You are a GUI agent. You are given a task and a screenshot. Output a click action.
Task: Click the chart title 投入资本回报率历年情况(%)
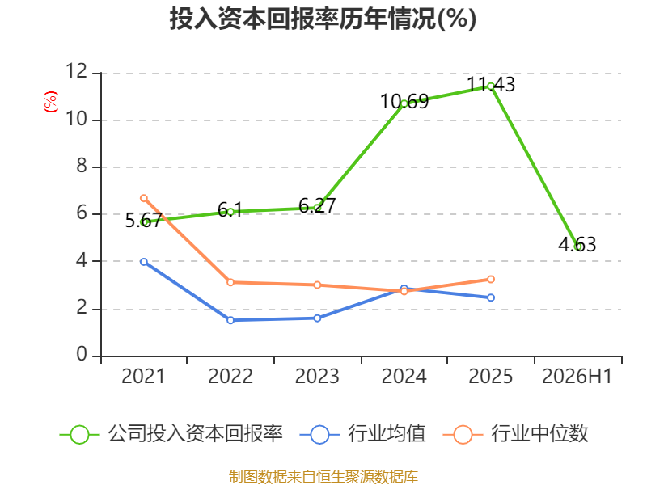pyautogui.click(x=323, y=19)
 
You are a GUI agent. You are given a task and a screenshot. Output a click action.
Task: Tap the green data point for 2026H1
pyautogui.click(x=578, y=247)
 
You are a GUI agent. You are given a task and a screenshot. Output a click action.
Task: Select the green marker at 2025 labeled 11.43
pyautogui.click(x=491, y=86)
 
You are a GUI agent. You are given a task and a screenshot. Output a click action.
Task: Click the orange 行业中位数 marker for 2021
pyautogui.click(x=144, y=198)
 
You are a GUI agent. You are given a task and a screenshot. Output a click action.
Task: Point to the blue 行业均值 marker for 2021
pyautogui.click(x=144, y=262)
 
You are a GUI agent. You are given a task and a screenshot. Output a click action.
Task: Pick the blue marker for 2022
pyautogui.click(x=230, y=320)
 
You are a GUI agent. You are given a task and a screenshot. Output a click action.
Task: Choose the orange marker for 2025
pyautogui.click(x=491, y=280)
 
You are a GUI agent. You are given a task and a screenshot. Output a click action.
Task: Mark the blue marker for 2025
pyautogui.click(x=491, y=297)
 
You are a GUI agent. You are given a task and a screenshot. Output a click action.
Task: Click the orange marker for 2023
pyautogui.click(x=317, y=285)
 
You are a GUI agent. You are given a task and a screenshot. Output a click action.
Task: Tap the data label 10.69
pyautogui.click(x=404, y=102)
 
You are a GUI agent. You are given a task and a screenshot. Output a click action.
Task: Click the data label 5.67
pyautogui.click(x=144, y=220)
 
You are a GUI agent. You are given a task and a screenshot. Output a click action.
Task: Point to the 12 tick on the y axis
pyautogui.click(x=77, y=71)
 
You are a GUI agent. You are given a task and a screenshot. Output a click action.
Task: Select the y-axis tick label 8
pyautogui.click(x=82, y=166)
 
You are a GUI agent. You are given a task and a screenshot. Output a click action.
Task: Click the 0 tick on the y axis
pyautogui.click(x=82, y=354)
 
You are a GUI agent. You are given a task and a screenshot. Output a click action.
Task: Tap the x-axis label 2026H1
pyautogui.click(x=577, y=376)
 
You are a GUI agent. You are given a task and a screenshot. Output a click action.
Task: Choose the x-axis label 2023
pyautogui.click(x=317, y=376)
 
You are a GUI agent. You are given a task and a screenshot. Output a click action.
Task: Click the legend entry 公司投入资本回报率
pyautogui.click(x=171, y=434)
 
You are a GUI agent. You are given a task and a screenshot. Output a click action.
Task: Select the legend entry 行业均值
pyautogui.click(x=362, y=434)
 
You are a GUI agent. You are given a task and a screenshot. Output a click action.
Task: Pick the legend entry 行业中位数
pyautogui.click(x=515, y=434)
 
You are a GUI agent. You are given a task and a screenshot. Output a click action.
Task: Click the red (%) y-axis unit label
pyautogui.click(x=51, y=102)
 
